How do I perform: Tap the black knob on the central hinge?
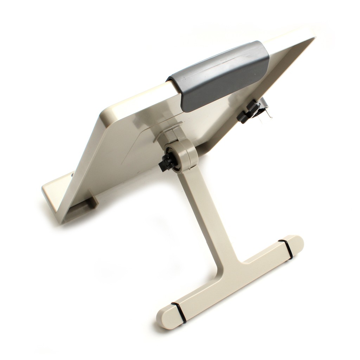168,162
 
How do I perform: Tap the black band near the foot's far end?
286,249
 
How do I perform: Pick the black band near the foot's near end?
179,312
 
